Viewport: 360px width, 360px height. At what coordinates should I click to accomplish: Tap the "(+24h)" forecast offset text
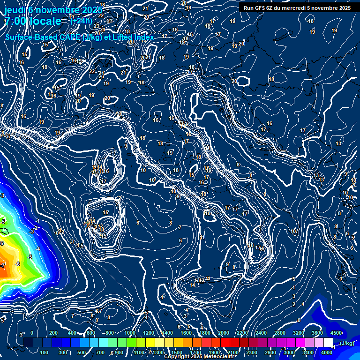pos(81,21)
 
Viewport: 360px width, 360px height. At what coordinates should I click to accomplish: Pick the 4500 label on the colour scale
pos(336,333)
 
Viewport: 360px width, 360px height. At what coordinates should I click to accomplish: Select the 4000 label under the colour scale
pos(327,352)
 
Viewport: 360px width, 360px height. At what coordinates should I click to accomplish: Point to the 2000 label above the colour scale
pos(224,333)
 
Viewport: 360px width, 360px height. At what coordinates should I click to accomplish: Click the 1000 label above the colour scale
pos(130,333)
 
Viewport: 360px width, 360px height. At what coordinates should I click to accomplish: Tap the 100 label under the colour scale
pos(45,352)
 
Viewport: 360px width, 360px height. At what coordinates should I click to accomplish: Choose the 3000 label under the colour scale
pos(289,352)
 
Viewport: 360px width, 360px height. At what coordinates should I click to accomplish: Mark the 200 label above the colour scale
pos(53,333)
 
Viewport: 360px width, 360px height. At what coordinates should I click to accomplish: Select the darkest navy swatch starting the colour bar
pos(29,343)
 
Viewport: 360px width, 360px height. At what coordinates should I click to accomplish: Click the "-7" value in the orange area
pos(2,265)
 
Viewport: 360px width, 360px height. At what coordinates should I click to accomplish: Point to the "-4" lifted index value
pos(37,249)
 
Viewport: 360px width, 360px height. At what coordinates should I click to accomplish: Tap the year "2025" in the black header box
pos(344,7)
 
